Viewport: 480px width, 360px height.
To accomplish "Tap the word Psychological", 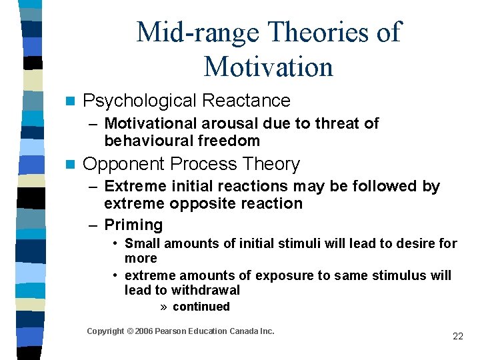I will (x=139, y=101).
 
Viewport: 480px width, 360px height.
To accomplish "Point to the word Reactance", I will (x=246, y=101).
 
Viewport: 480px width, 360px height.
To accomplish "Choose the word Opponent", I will (x=125, y=164).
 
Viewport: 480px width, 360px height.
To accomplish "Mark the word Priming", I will (x=133, y=225).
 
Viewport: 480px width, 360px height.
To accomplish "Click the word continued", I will (x=201, y=307).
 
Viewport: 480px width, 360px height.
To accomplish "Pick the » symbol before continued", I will (x=164, y=307).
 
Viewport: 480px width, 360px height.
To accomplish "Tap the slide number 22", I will (x=457, y=336).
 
